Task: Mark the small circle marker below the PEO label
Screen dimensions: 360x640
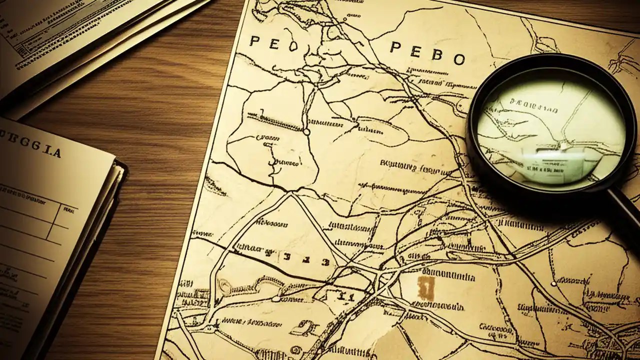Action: tap(306, 132)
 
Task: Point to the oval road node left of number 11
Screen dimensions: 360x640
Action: tap(275, 298)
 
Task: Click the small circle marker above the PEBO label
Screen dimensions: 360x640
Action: tap(344, 20)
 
